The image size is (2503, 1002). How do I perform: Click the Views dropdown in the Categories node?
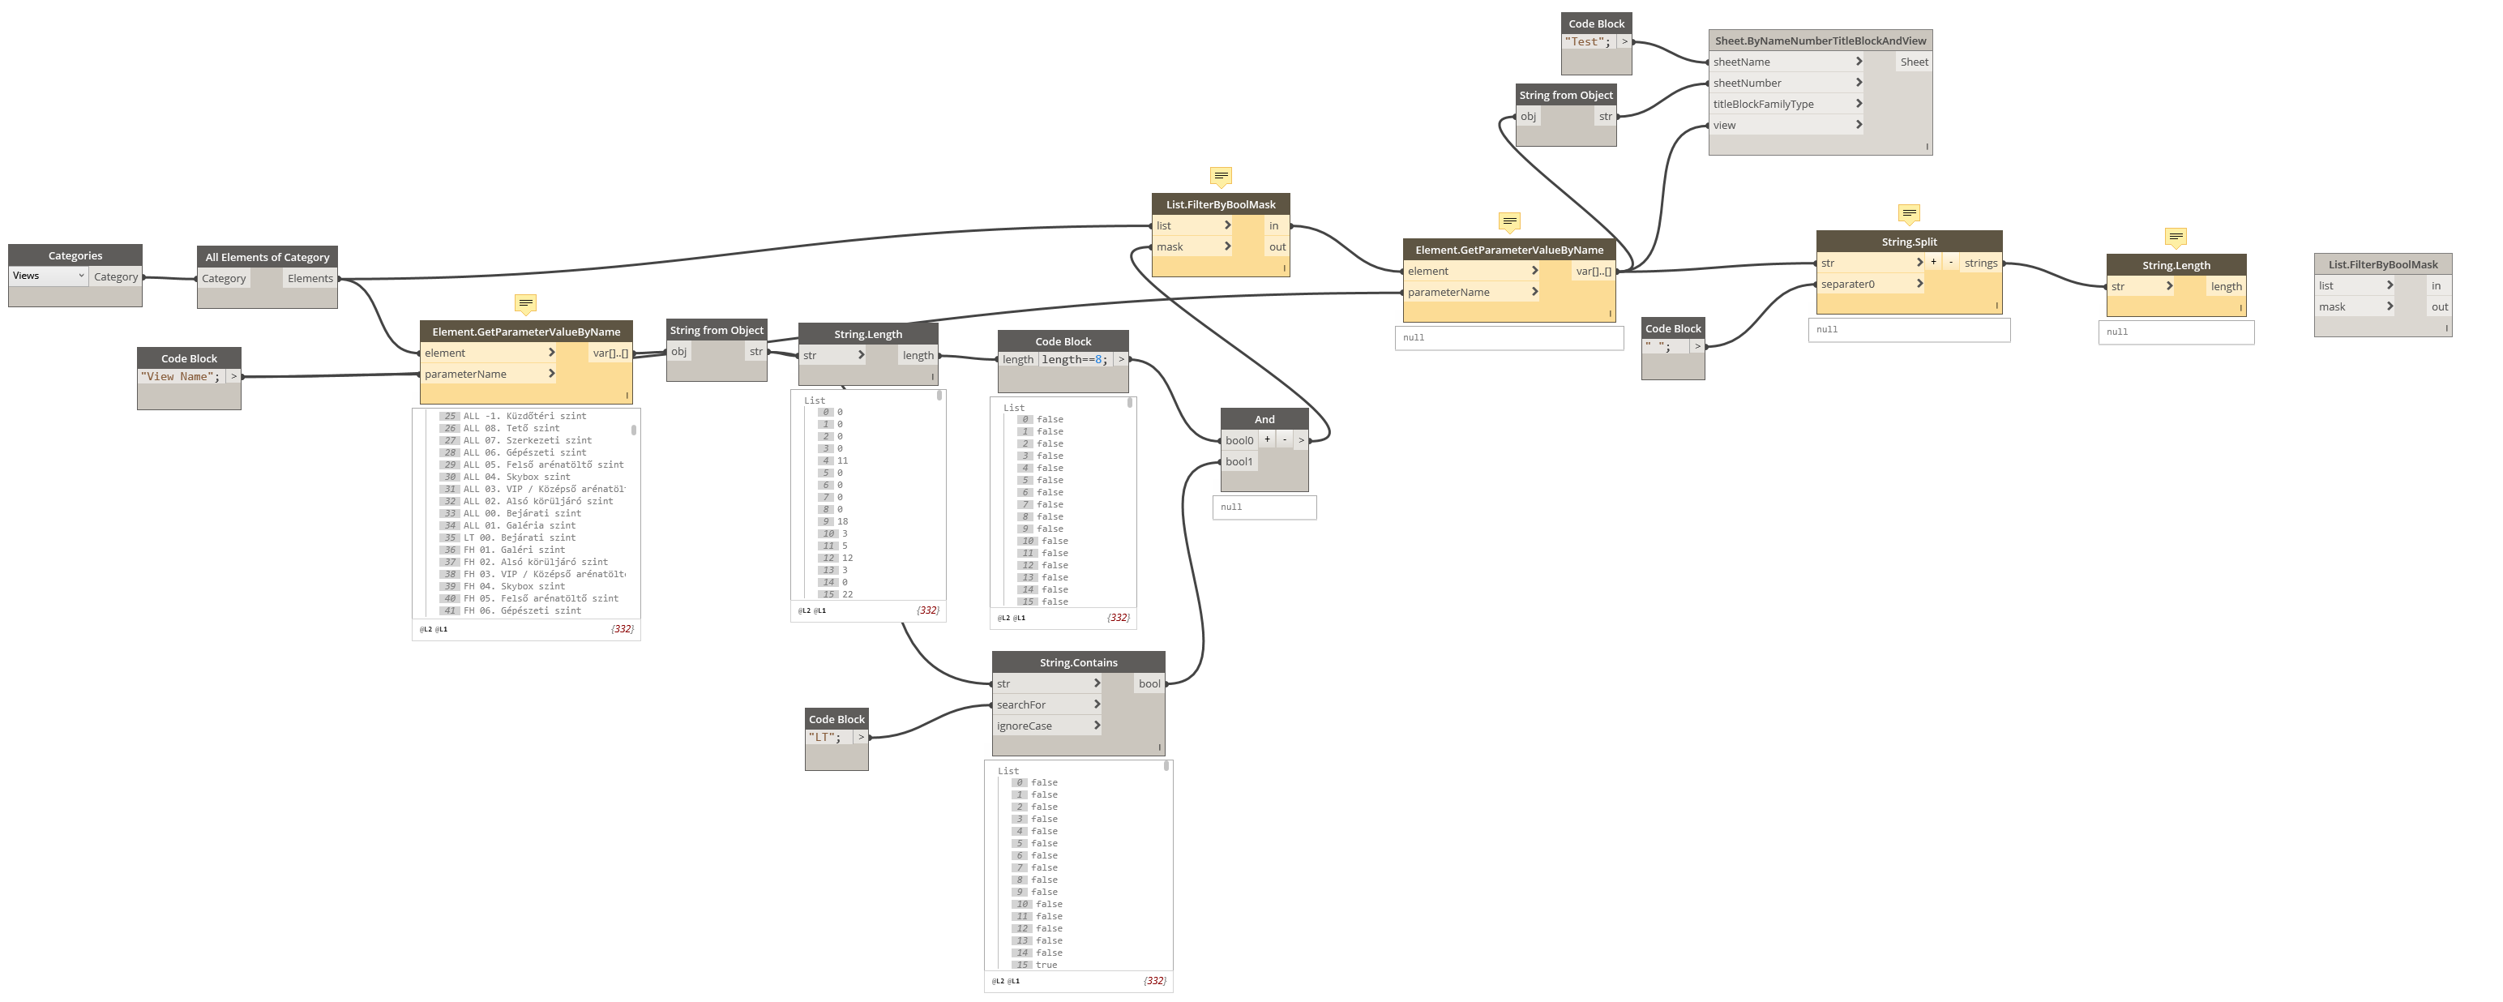[x=49, y=276]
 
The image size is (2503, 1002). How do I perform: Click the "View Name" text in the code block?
[x=181, y=377]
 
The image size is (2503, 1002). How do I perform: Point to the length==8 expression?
[x=1074, y=360]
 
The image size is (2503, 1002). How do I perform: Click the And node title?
[x=1264, y=420]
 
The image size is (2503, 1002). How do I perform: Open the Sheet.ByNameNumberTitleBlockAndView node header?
[x=1820, y=41]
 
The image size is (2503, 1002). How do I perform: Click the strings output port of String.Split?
[x=1980, y=263]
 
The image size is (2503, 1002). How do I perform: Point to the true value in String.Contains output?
[x=1046, y=965]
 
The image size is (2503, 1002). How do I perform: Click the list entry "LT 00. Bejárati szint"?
[x=519, y=537]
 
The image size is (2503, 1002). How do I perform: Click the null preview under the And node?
[x=1264, y=507]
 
